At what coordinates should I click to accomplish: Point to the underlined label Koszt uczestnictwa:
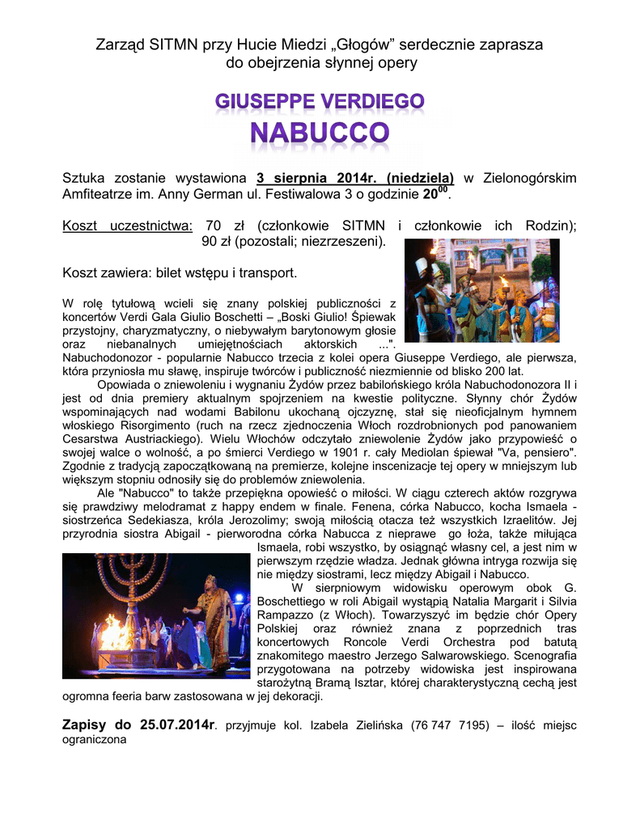(128, 225)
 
